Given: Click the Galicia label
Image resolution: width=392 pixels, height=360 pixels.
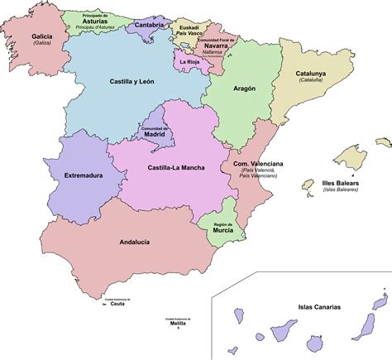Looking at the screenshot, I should tap(41, 36).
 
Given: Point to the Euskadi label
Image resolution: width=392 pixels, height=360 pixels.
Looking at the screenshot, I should tap(189, 26).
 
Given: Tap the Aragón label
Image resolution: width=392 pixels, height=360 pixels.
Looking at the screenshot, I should tap(244, 88).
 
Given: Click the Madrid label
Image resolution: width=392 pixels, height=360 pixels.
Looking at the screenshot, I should tap(157, 136).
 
